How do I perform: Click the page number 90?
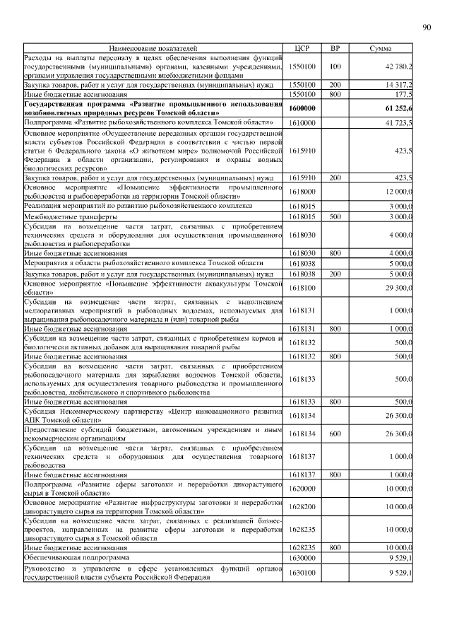point(426,28)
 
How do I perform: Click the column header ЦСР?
point(302,48)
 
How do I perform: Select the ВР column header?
point(335,48)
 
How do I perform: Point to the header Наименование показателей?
point(153,48)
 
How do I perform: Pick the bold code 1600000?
point(302,107)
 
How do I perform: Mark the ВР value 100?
point(335,66)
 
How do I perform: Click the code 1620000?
point(302,488)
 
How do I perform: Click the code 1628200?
point(302,506)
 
